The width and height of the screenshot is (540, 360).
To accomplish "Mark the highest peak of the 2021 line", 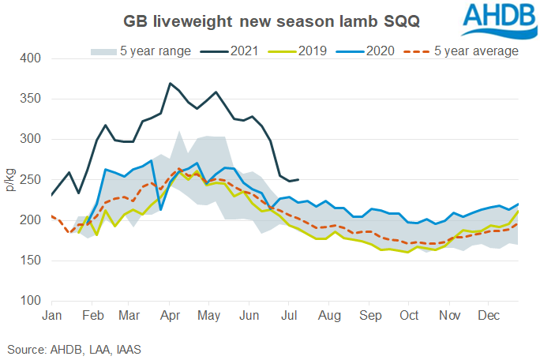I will coord(170,83).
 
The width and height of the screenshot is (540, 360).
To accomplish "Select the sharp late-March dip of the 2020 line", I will coord(161,210).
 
